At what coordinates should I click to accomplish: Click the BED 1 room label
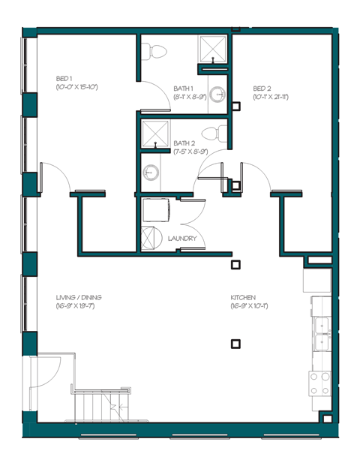[x=64, y=79]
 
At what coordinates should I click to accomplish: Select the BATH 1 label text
[x=184, y=88]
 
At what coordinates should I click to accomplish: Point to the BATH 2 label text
[x=184, y=143]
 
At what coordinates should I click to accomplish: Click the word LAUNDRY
[x=183, y=239]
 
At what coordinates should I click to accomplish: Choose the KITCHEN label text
[x=244, y=297]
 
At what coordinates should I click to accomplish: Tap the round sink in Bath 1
[x=217, y=95]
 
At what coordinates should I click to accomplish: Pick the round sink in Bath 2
[x=151, y=173]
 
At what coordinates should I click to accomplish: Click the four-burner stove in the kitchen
[x=320, y=383]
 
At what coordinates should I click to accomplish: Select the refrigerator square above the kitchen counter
[x=316, y=280]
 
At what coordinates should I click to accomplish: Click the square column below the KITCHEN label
[x=235, y=344]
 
